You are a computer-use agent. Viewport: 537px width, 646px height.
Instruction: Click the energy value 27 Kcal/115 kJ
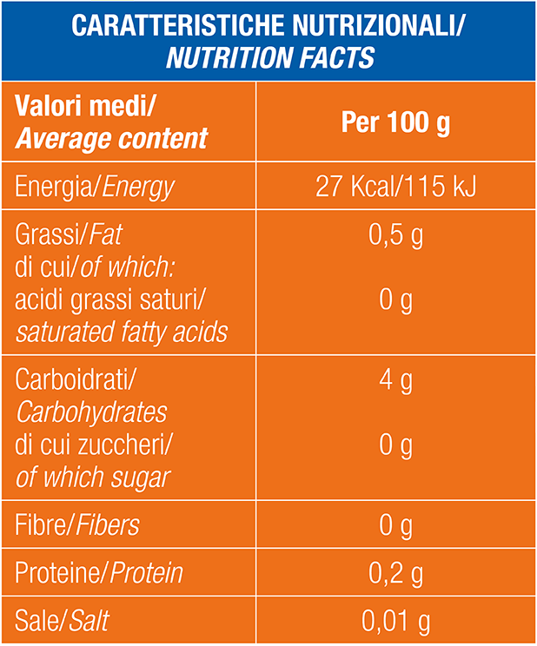click(x=395, y=186)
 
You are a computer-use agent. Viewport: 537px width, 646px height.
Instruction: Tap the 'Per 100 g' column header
click(x=395, y=122)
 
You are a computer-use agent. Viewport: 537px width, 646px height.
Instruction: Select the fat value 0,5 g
click(x=395, y=235)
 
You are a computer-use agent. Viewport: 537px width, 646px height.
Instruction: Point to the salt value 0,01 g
click(x=395, y=621)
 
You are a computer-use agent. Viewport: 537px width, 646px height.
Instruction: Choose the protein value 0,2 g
click(x=395, y=573)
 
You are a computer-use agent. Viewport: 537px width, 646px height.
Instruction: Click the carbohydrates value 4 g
click(x=395, y=380)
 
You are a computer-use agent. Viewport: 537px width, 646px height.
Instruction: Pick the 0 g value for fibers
click(x=395, y=525)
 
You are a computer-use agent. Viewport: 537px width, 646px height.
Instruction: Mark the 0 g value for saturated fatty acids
click(x=395, y=300)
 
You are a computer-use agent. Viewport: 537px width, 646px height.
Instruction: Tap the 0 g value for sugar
click(x=395, y=445)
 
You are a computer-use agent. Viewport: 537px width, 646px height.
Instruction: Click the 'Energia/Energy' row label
click(x=95, y=188)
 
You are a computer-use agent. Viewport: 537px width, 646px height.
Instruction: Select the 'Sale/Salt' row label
click(x=63, y=621)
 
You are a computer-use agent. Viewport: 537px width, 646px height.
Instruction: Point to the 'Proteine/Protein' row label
click(x=99, y=573)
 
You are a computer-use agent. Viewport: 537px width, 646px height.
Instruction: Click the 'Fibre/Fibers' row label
click(x=77, y=524)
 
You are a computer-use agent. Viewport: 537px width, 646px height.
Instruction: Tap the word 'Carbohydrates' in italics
click(x=91, y=412)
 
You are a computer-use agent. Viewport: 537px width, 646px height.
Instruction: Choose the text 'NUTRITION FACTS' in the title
click(x=270, y=56)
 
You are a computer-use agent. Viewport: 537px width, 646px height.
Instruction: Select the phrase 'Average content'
click(x=111, y=138)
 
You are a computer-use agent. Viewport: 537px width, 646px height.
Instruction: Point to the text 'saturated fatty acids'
click(x=122, y=332)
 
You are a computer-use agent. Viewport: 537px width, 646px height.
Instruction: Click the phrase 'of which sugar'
click(x=93, y=478)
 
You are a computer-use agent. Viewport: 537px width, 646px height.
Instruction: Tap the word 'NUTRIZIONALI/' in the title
click(x=378, y=25)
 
